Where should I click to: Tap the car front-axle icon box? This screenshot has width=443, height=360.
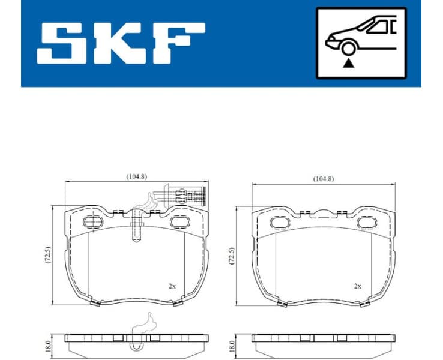point(361,43)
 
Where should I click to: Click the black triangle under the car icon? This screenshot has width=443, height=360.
point(346,63)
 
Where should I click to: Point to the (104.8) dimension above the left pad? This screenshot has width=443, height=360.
point(137,176)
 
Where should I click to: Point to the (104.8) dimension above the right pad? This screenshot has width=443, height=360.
point(324,178)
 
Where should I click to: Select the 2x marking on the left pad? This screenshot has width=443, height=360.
point(172,286)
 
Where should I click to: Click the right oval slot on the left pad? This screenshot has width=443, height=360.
point(179,221)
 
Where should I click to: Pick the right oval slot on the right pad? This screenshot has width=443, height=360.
point(366,223)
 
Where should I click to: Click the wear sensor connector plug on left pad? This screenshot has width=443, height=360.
point(191,195)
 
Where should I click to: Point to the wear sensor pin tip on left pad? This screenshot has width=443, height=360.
point(137,238)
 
